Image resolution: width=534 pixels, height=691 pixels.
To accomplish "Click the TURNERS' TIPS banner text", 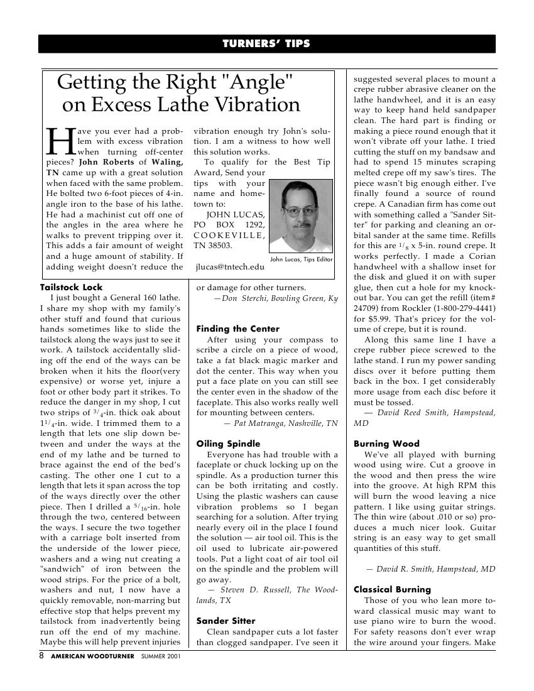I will pos(266,43).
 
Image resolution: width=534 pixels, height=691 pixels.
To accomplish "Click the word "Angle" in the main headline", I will pos(259,82).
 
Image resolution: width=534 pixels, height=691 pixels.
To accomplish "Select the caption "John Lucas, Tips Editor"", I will pos(301,259).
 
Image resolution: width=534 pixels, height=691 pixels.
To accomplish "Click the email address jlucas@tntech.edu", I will pos(230,267).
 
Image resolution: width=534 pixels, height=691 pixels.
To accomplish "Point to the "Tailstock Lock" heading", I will pos(71,287).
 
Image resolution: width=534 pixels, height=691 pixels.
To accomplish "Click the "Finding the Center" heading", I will pos(237,329).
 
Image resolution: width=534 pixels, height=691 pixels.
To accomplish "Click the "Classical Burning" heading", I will pos(392,589).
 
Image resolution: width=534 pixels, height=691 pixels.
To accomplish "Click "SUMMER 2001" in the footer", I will pos(162,656).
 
